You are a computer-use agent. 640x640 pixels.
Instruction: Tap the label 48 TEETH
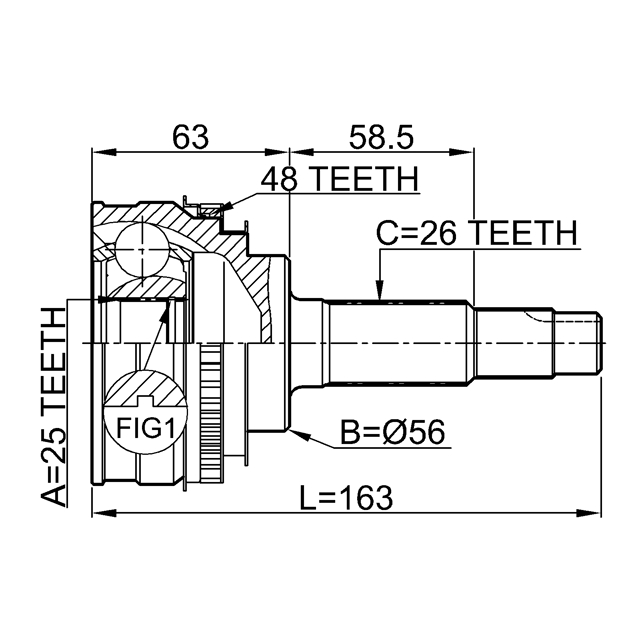pyautogui.click(x=337, y=180)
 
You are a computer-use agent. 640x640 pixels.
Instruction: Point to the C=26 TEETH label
pyautogui.click(x=477, y=234)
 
